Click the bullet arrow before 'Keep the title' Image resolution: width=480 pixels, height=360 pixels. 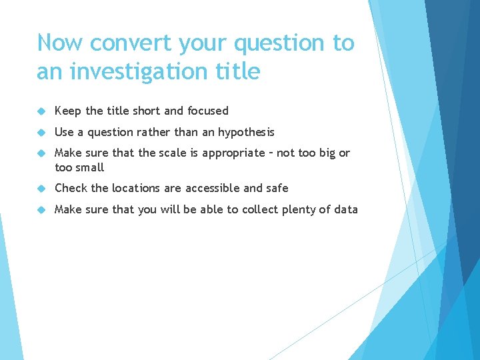pos(41,111)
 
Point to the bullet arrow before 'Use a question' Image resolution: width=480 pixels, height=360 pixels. pos(41,133)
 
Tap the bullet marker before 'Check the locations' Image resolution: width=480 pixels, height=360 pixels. pos(41,189)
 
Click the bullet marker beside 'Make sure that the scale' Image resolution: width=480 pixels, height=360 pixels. pos(41,153)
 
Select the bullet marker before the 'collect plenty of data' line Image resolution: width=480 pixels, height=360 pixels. pos(41,210)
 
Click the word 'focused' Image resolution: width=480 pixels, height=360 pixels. pos(208,111)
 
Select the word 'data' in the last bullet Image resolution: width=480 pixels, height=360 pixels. pos(346,209)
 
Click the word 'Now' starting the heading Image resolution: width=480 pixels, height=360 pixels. pos(60,43)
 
